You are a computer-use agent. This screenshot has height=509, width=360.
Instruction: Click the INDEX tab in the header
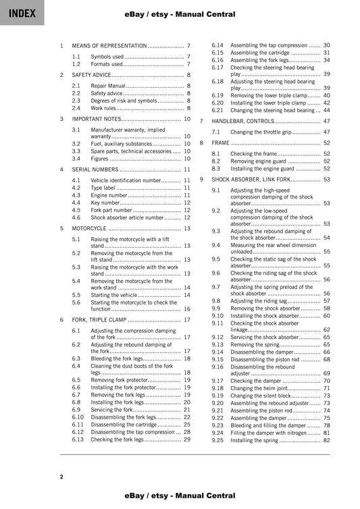[22, 13]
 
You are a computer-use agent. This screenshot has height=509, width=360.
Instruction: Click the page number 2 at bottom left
[61, 477]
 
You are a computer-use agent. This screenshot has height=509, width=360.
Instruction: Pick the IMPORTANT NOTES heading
[97, 119]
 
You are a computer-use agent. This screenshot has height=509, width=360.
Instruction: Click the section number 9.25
[217, 440]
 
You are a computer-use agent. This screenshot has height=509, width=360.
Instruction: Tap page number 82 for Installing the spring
[326, 440]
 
